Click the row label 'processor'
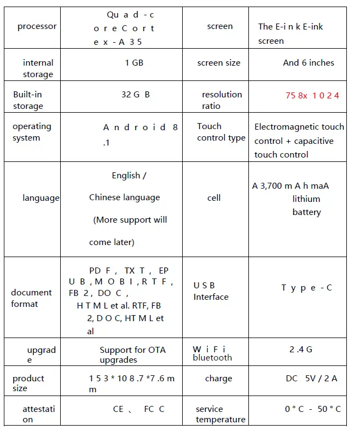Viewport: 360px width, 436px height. pyautogui.click(x=37, y=26)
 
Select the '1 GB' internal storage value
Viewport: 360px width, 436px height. pyautogui.click(x=134, y=63)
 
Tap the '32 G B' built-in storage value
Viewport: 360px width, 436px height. pyautogui.click(x=135, y=94)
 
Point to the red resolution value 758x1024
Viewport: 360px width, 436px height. pyautogui.click(x=312, y=96)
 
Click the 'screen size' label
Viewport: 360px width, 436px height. pyautogui.click(x=218, y=63)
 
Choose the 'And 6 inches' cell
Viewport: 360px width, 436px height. pyautogui.click(x=308, y=63)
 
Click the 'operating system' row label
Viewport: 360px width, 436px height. pyautogui.click(x=32, y=132)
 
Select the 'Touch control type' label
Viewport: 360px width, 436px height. pyautogui.click(x=220, y=132)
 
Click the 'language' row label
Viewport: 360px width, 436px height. pyautogui.click(x=40, y=198)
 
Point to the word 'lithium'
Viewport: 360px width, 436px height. pyautogui.click(x=306, y=199)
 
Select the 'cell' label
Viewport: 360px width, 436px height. pyautogui.click(x=214, y=198)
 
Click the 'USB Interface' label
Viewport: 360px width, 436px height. pyautogui.click(x=211, y=291)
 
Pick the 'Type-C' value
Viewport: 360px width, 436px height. pyautogui.click(x=306, y=288)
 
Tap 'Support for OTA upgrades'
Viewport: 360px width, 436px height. pyautogui.click(x=132, y=354)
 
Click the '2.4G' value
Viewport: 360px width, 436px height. pyautogui.click(x=301, y=350)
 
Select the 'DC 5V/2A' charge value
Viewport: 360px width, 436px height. pyautogui.click(x=311, y=379)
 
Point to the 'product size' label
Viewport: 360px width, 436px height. pyautogui.click(x=28, y=383)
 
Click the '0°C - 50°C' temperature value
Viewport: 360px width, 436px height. pyautogui.click(x=312, y=409)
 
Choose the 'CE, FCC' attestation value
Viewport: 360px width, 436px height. pyautogui.click(x=138, y=409)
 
